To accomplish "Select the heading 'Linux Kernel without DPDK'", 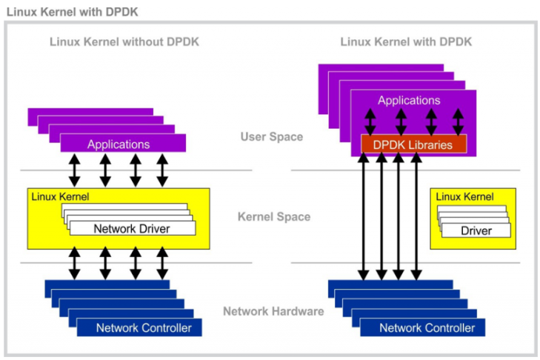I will coord(124,41).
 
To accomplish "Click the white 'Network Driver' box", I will coord(132,228).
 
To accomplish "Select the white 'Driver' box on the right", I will coord(476,230).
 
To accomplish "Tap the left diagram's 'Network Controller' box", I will coord(144,327).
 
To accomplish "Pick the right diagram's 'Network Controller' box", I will coord(427,327).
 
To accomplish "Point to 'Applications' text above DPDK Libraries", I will coord(409,100).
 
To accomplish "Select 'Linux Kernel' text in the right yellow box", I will coord(464,197).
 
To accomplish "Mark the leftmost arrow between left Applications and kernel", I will coord(75,170).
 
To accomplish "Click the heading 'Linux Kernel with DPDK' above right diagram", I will coord(406,41).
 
